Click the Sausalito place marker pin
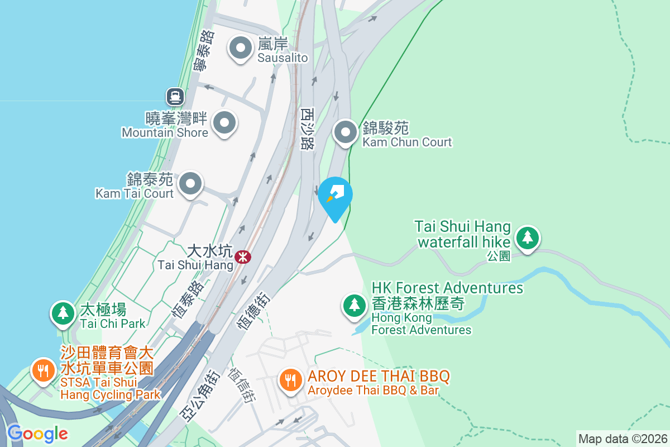[241, 48]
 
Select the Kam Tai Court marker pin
[190, 183]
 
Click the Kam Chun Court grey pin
[346, 133]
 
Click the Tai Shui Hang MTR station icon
[243, 257]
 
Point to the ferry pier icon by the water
[175, 97]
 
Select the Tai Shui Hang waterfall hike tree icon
[527, 238]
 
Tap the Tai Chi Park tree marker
[63, 313]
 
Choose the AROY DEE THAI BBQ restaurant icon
[290, 381]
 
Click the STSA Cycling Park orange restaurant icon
[42, 370]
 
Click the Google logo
[37, 433]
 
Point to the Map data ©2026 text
[623, 439]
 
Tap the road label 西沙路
[307, 129]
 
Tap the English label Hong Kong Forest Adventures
[422, 324]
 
